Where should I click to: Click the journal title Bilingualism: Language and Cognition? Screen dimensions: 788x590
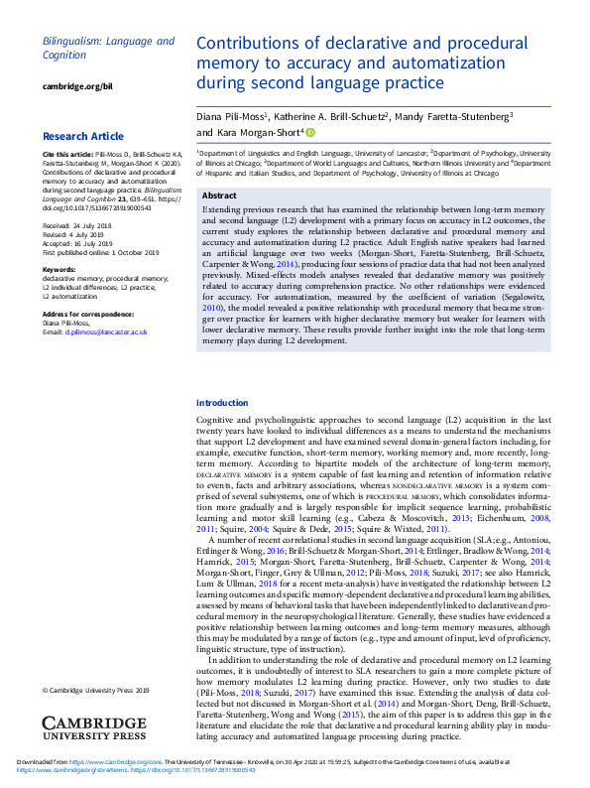[x=108, y=49]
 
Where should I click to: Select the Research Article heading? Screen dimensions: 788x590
[x=83, y=136]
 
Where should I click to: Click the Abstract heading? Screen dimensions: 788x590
[x=219, y=196]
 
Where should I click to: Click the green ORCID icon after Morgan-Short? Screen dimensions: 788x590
[x=309, y=131]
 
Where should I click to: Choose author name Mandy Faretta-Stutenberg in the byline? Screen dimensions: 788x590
[x=453, y=116]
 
